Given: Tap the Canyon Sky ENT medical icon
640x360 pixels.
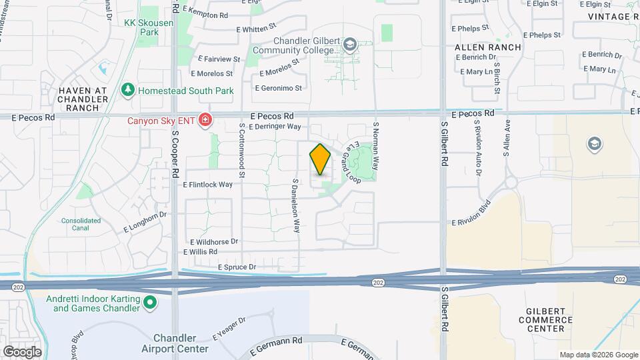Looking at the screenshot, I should tap(205, 121).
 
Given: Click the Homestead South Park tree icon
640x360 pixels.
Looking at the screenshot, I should tap(127, 89).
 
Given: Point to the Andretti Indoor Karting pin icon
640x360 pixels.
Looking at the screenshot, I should tap(151, 303).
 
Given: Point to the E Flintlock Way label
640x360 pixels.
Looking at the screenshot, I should tap(207, 185).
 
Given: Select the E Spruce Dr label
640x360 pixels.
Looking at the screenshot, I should tap(237, 267).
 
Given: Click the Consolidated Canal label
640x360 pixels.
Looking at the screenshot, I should tap(81, 224).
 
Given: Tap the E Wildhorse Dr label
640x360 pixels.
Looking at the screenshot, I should tap(214, 241).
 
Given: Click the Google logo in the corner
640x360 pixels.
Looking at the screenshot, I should tap(21, 351).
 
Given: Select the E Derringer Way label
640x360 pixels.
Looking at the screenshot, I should tap(275, 127).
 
